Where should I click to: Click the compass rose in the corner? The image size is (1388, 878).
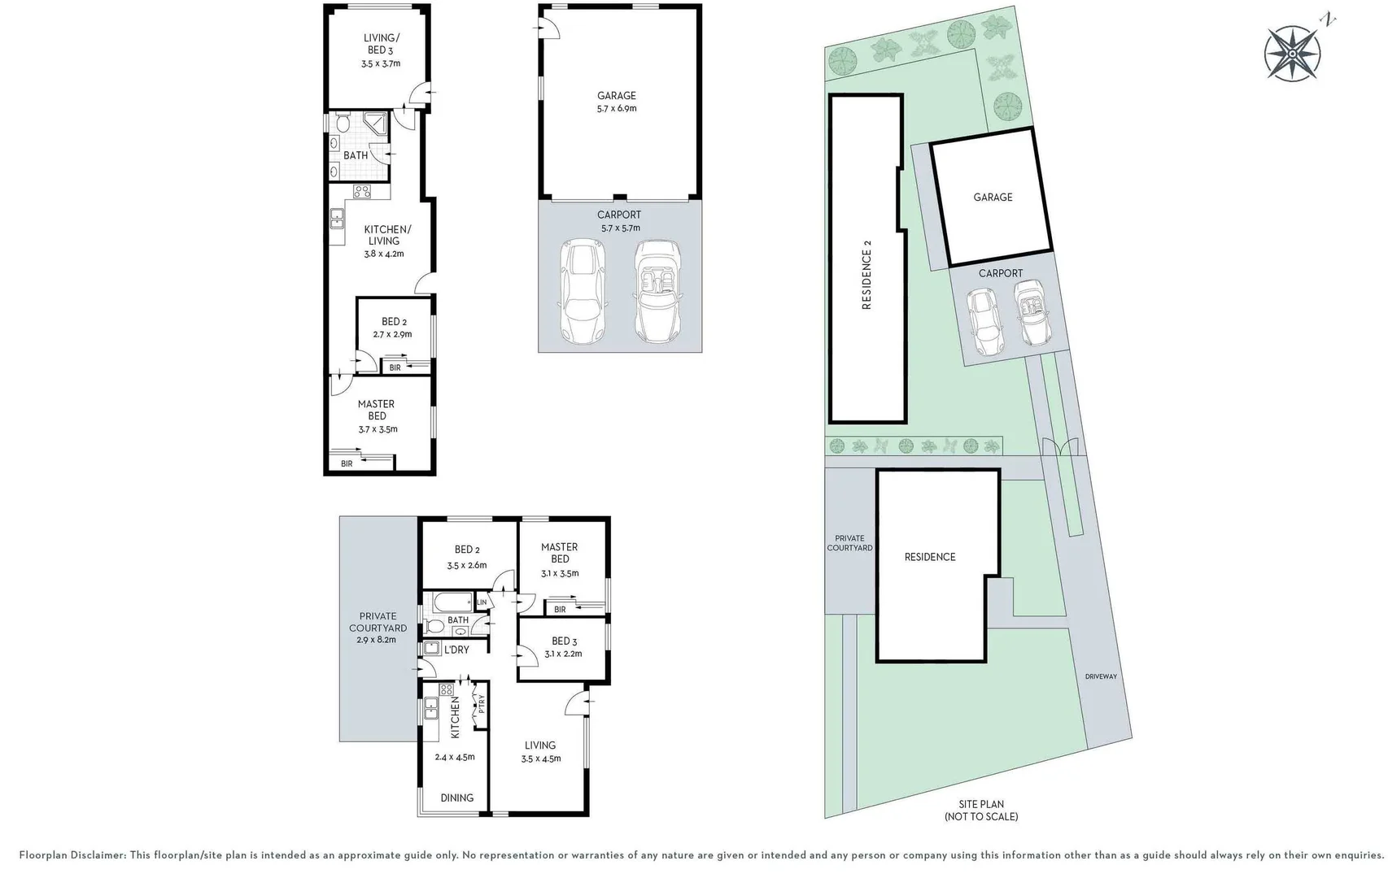(x=1292, y=53)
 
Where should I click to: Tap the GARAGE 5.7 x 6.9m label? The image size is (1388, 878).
(x=616, y=102)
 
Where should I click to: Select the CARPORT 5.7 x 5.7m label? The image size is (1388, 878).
(x=619, y=221)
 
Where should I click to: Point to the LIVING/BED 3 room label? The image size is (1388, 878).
(x=380, y=50)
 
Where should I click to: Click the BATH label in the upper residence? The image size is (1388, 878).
(x=356, y=155)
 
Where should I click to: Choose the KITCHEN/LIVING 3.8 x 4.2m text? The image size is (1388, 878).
(x=386, y=241)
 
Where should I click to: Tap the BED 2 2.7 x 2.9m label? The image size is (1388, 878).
(x=393, y=328)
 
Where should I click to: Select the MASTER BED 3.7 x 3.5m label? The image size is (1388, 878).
(x=377, y=415)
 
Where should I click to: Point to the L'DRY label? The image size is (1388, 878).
(x=456, y=650)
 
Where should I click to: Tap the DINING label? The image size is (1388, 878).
(x=456, y=798)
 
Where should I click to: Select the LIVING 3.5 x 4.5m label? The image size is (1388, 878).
(x=540, y=751)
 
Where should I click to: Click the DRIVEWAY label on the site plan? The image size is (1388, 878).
(x=1101, y=676)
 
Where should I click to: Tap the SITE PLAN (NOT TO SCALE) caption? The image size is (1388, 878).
(x=980, y=810)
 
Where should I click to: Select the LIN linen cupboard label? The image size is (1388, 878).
(x=482, y=602)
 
